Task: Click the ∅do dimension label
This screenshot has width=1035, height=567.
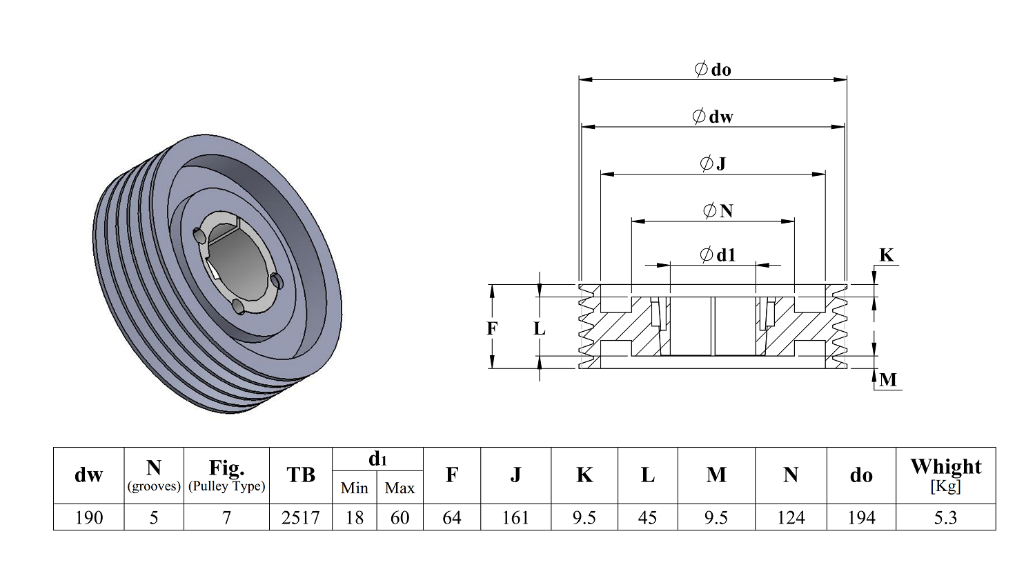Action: tap(713, 70)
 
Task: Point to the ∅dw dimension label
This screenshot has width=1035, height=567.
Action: tap(713, 117)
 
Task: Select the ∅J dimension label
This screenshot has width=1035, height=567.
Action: tap(713, 163)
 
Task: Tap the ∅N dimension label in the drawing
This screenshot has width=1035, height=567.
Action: tap(718, 210)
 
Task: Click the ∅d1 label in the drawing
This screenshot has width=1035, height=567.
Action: tap(718, 255)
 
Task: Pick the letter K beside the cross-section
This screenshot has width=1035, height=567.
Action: tap(886, 256)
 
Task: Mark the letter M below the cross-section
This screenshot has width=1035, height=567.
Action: tap(888, 380)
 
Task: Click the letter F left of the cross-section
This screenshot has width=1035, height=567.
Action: tap(492, 328)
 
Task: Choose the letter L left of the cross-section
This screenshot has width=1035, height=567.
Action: tap(540, 329)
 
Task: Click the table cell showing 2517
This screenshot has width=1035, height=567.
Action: tap(300, 517)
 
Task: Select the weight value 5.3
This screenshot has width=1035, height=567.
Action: tap(945, 517)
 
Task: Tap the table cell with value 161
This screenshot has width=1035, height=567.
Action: tap(515, 517)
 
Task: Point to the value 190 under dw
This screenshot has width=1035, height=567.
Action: tap(88, 517)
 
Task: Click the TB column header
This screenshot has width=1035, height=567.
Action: tap(300, 475)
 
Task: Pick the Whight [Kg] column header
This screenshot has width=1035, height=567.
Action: tap(945, 475)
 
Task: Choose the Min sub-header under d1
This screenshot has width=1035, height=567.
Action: tap(354, 488)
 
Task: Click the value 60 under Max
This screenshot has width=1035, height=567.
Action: tap(400, 517)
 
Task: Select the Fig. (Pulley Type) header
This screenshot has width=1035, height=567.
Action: tap(226, 475)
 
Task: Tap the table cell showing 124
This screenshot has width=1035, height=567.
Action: tap(791, 517)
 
